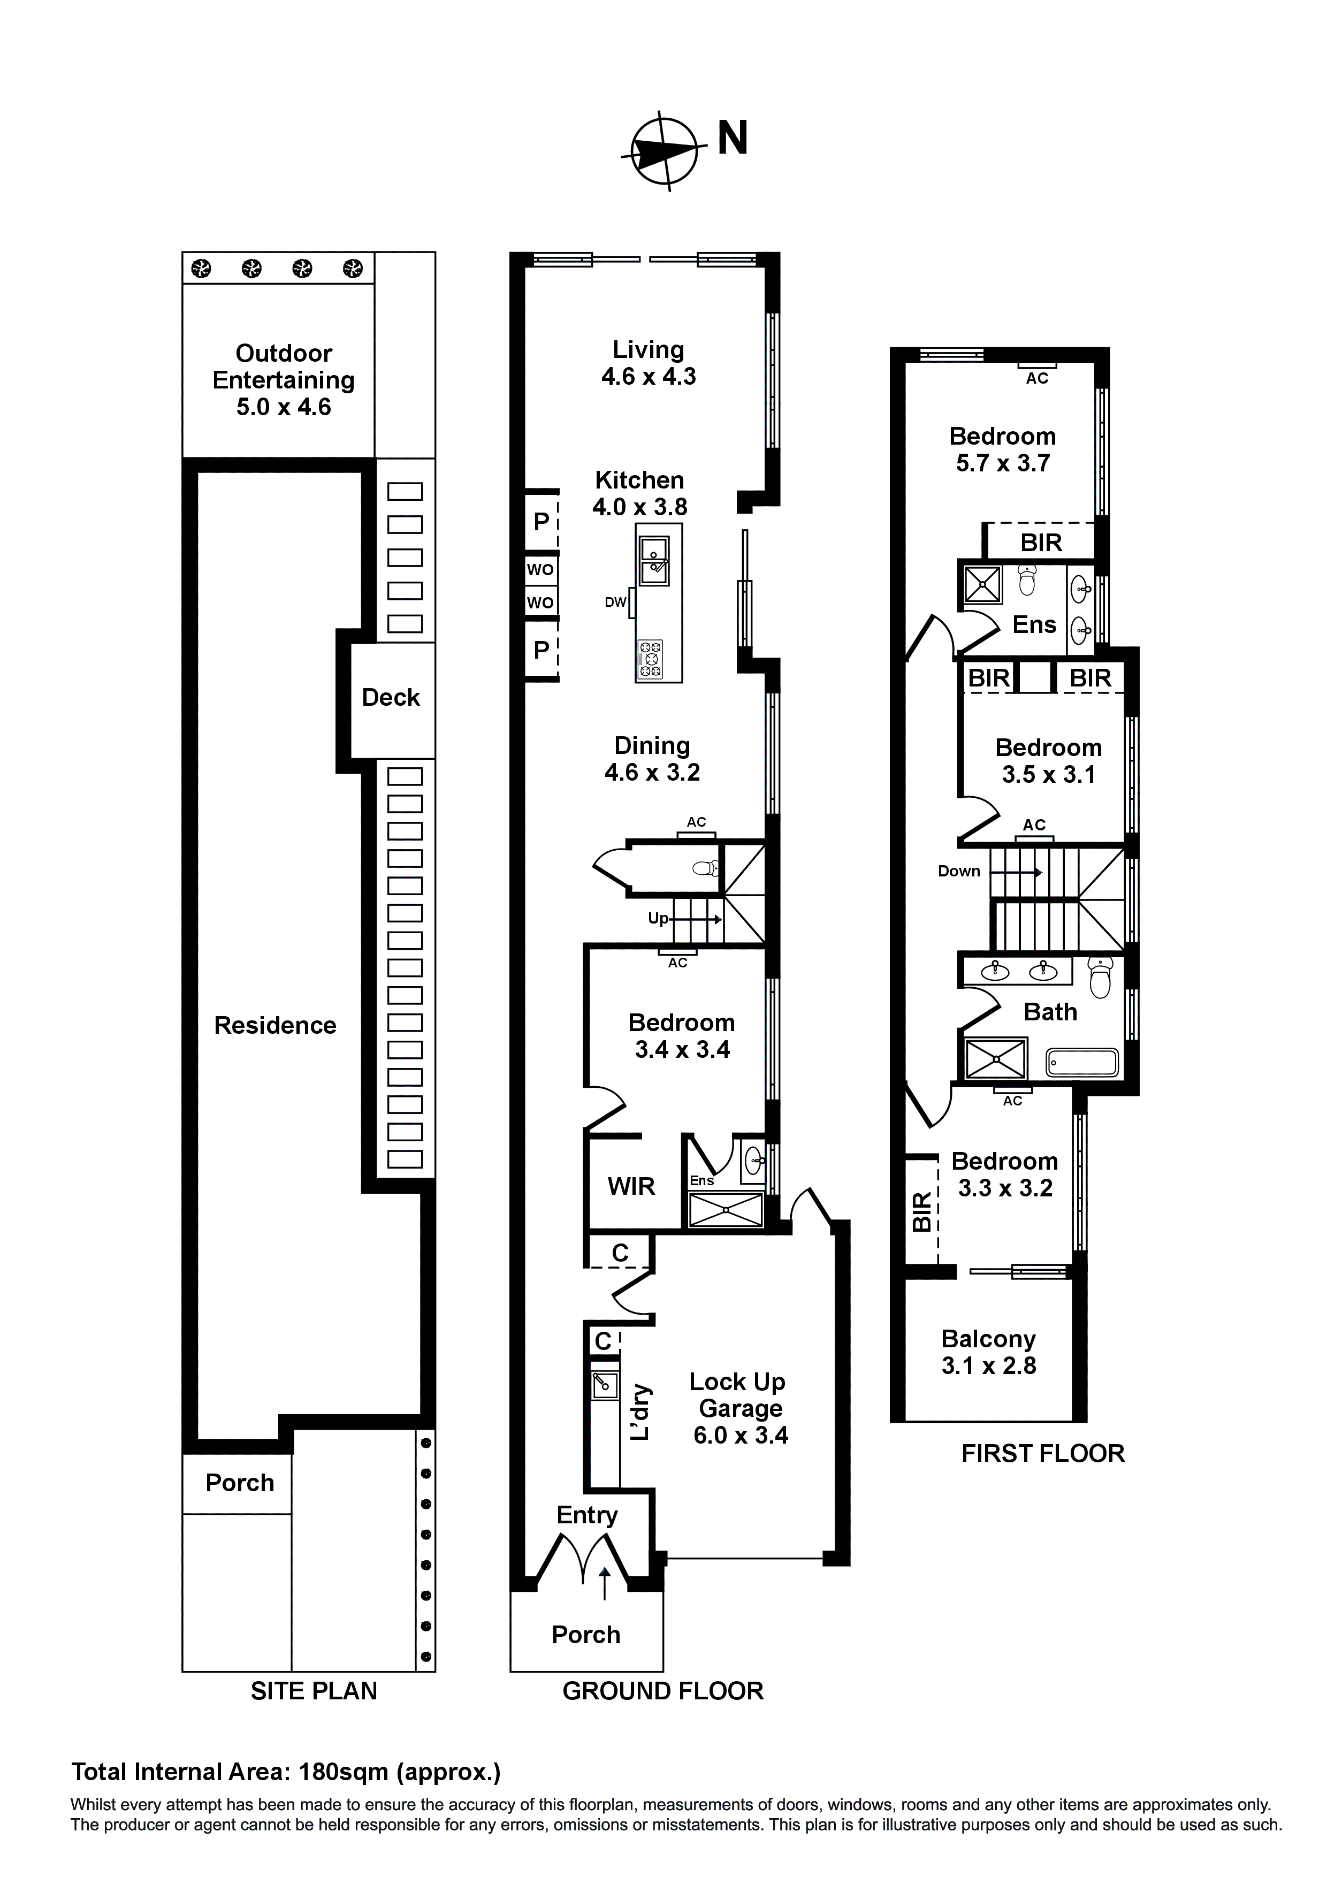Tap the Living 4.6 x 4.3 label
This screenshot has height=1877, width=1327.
(x=649, y=363)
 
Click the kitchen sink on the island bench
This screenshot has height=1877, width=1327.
(x=654, y=560)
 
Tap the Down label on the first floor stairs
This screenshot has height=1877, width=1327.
(x=958, y=872)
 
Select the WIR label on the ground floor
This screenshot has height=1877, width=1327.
(x=631, y=1186)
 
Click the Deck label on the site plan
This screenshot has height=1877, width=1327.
(x=390, y=697)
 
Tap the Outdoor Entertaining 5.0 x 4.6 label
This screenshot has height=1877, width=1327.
(x=283, y=380)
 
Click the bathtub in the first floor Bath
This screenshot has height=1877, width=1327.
(x=1082, y=1063)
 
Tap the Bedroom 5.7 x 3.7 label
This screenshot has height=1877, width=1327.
(x=1002, y=449)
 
